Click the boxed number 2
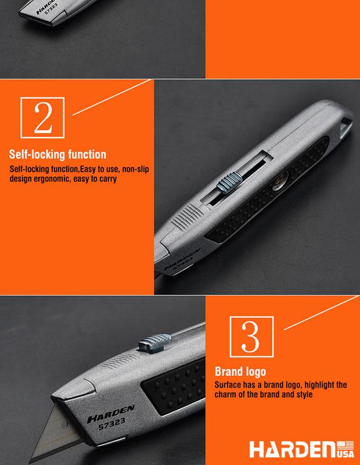(x=42, y=118)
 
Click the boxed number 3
(x=251, y=337)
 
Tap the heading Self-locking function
(x=57, y=155)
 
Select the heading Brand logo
(x=240, y=371)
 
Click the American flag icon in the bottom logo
(x=345, y=445)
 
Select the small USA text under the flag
(x=345, y=454)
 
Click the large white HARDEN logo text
(x=293, y=449)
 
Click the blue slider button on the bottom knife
(x=155, y=343)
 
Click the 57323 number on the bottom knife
(x=111, y=423)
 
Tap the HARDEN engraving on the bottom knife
(x=111, y=414)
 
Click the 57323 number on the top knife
(x=51, y=9)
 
